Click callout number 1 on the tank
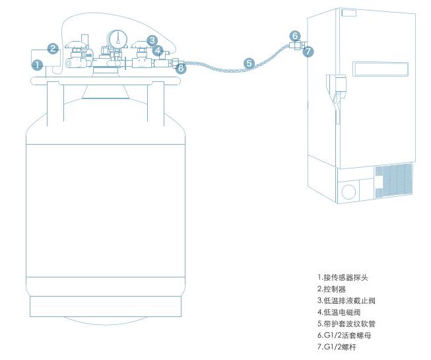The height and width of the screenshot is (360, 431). point(38,65)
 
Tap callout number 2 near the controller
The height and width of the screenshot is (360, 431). point(53,48)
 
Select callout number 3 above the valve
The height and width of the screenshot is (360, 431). point(152,40)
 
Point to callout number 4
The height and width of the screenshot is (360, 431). point(157,50)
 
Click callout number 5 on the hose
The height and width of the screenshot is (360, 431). point(249,63)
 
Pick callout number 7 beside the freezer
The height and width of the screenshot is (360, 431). point(308,51)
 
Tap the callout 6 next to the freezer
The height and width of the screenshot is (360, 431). point(295,36)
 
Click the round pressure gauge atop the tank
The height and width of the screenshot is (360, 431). point(117,38)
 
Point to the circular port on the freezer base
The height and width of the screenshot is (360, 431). point(348,191)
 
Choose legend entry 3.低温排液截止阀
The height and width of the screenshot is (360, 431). point(346,301)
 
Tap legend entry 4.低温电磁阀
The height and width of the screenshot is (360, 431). point(339,312)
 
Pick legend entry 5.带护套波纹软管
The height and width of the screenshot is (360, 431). point(346,324)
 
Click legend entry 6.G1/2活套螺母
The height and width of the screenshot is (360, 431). point(343,335)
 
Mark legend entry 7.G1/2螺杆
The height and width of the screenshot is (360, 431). point(337,346)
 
